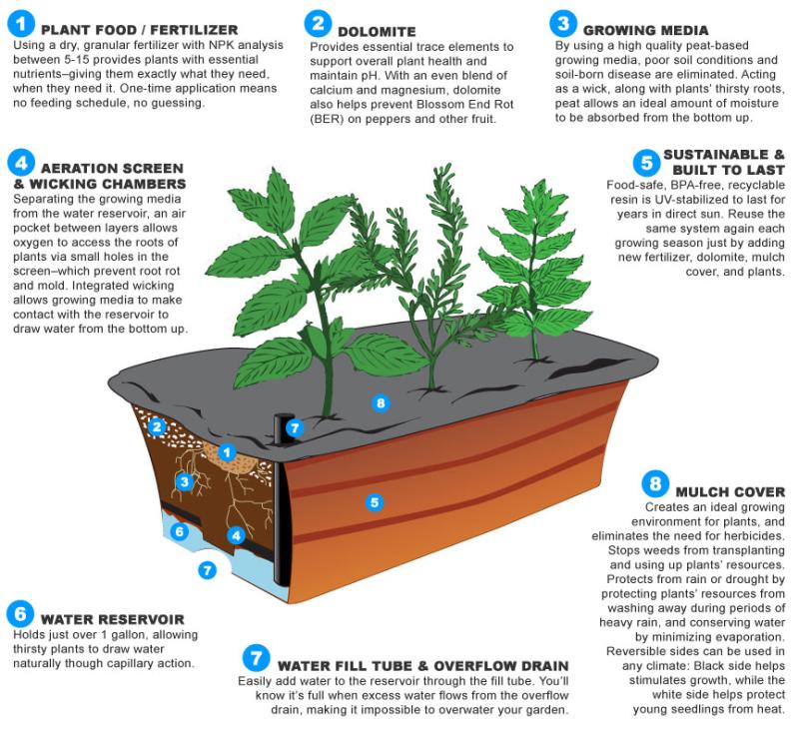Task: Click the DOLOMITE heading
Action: [x=377, y=32]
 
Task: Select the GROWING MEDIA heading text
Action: [x=645, y=31]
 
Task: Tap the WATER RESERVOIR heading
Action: [x=112, y=619]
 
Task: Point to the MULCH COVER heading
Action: [x=730, y=492]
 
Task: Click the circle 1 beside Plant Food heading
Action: [x=21, y=24]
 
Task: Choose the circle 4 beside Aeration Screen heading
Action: [x=21, y=163]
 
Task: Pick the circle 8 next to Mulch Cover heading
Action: [x=655, y=484]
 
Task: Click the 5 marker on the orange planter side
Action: [x=375, y=502]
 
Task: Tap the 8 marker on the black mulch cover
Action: [x=381, y=403]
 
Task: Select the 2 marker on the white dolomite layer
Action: [x=157, y=426]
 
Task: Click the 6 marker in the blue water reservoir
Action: [x=180, y=532]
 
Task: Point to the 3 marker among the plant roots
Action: [x=185, y=481]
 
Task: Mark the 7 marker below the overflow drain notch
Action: [x=207, y=570]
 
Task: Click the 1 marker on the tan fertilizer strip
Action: [x=227, y=451]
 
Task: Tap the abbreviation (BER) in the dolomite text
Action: [x=327, y=119]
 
